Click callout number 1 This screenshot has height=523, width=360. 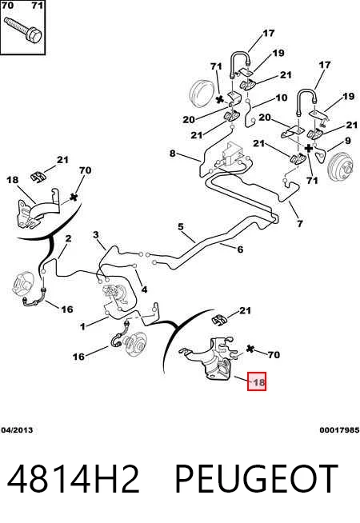(x=82, y=326)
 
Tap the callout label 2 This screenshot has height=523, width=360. (x=68, y=238)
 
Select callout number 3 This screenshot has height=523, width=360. (x=96, y=235)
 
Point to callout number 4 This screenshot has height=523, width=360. (x=144, y=289)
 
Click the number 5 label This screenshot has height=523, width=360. (x=181, y=227)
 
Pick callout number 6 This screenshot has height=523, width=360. (x=240, y=250)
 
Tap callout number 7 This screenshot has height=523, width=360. (x=300, y=223)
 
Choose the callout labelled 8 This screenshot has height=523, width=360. (x=172, y=153)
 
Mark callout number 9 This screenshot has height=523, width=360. (x=348, y=141)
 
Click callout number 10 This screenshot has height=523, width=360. (x=282, y=98)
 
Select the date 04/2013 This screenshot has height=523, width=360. (x=17, y=430)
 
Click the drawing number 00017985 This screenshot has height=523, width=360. (x=339, y=430)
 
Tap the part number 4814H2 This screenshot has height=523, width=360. (x=73, y=479)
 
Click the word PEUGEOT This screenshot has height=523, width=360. (x=256, y=479)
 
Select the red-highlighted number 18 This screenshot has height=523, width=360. (x=257, y=381)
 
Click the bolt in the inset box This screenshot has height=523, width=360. (x=23, y=30)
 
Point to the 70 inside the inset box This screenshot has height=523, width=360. (x=7, y=6)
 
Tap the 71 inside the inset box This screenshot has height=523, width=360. (x=37, y=6)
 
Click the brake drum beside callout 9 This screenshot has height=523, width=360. (x=340, y=167)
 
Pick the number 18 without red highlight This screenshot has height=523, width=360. (x=12, y=180)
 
